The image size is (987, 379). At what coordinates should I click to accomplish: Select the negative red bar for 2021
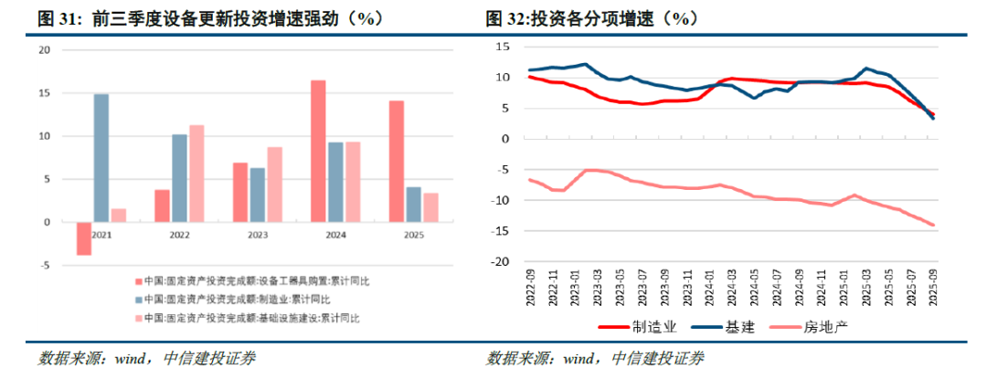pos(84,238)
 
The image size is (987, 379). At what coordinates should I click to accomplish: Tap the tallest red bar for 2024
pos(318,152)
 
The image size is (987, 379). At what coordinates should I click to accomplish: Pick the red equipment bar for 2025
pos(397,162)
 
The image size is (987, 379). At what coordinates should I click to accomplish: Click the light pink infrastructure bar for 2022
pos(196,174)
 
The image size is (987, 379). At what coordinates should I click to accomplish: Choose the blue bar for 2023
pos(257,195)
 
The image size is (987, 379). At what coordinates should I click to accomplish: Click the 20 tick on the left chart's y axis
pos(43,50)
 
